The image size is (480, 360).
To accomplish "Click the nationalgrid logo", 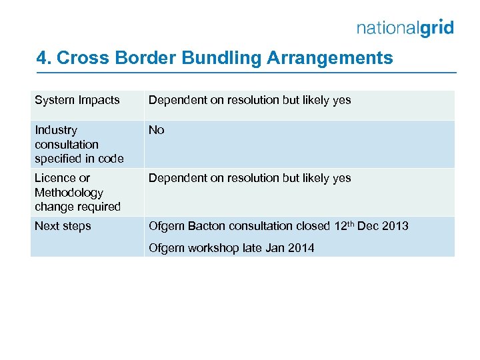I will pos(405,28).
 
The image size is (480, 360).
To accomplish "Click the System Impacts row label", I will pos(77,100).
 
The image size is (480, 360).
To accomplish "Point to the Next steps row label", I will pos(63,226).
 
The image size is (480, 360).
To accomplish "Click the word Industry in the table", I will pos(56,130).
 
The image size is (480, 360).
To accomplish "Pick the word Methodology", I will pos(69,193).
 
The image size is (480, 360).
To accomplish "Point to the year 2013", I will pos(395,226).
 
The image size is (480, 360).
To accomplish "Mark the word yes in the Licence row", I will pos(341,178).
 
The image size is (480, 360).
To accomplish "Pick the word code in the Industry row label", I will pos(111,159).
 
